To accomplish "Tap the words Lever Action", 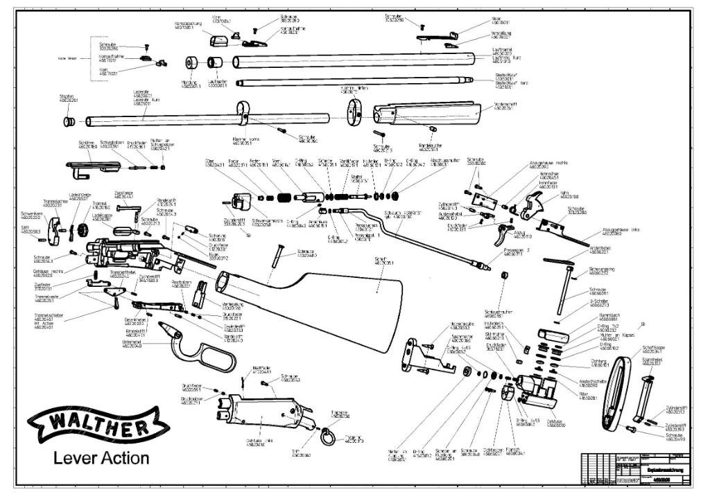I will [101, 458].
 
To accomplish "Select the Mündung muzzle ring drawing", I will [191, 63].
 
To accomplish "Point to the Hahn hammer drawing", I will [535, 202].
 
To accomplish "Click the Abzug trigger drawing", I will [507, 232].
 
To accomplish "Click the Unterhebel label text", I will [132, 342].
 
